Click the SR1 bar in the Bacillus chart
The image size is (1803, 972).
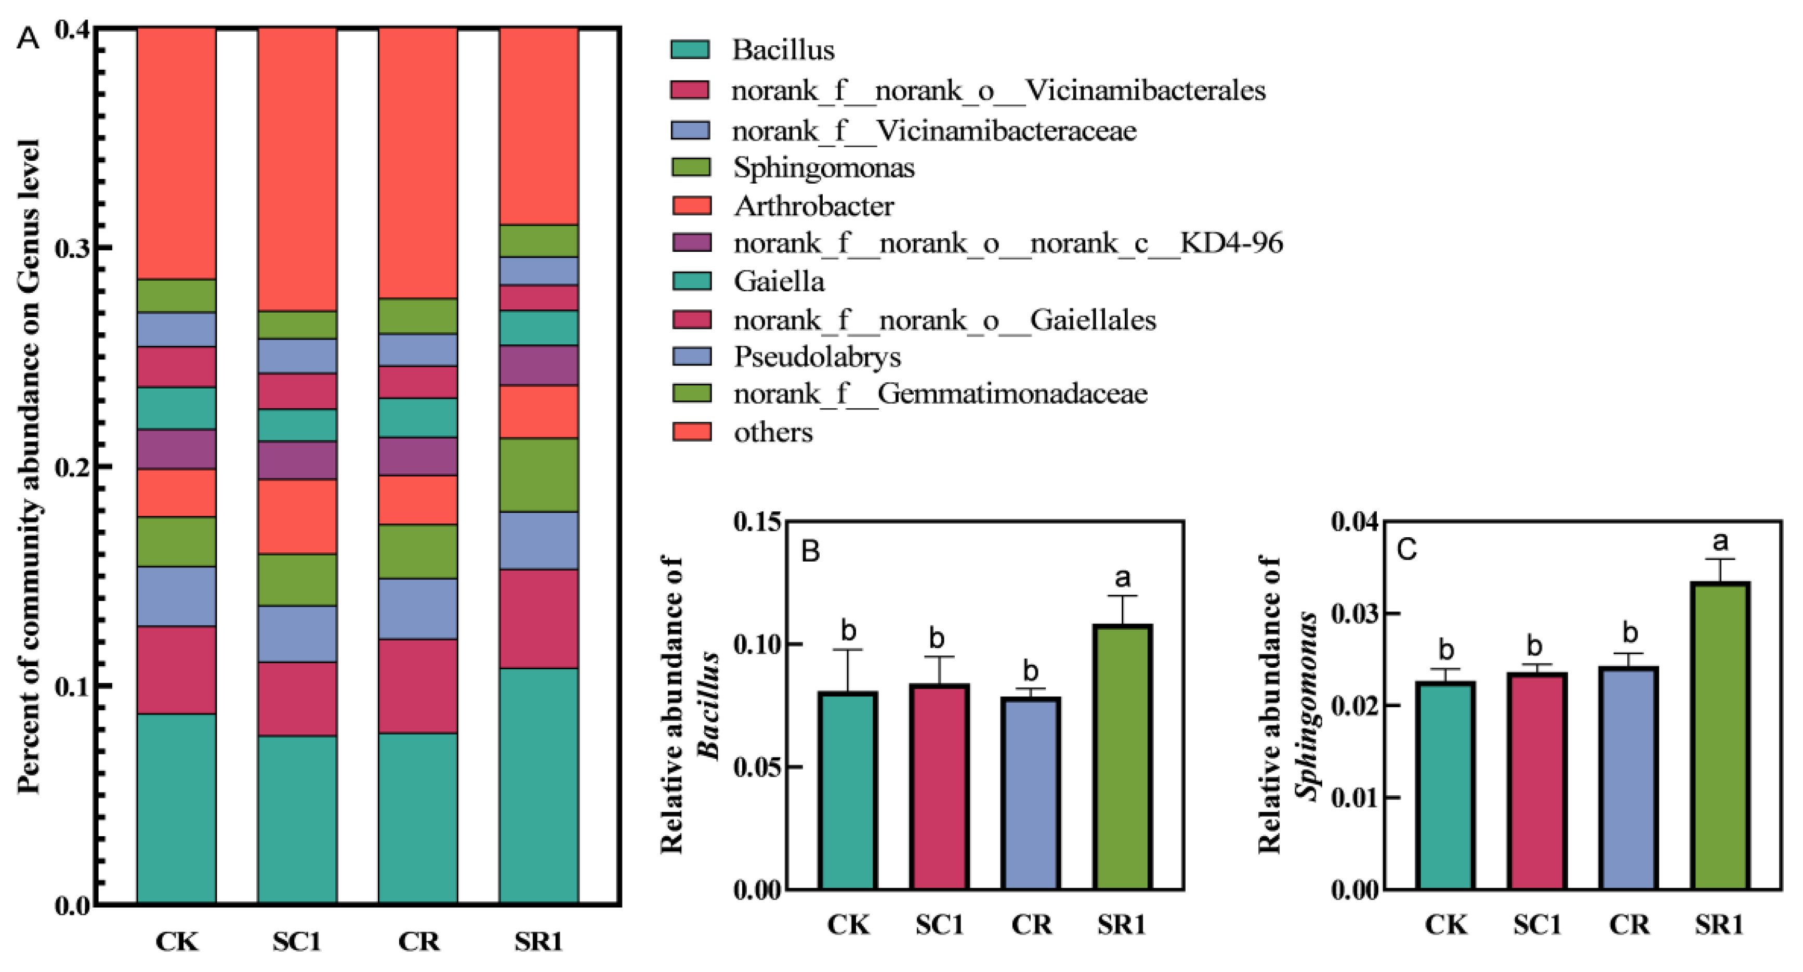point(1123,756)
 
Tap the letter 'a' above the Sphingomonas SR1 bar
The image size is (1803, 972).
point(1720,541)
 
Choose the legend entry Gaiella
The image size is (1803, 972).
point(778,281)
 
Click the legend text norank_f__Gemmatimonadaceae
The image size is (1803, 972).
point(940,394)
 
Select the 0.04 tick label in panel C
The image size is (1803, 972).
point(1354,523)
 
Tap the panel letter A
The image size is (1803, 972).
point(28,38)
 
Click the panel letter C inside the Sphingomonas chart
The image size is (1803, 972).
point(1407,550)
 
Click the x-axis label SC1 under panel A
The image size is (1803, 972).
point(297,941)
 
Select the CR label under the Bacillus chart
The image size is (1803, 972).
point(1031,925)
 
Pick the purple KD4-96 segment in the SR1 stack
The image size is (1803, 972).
point(539,366)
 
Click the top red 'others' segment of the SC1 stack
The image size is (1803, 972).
point(297,168)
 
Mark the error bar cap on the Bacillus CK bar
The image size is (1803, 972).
point(848,650)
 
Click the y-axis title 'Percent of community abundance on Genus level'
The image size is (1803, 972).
point(28,465)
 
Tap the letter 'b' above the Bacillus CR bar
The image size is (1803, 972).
point(1030,671)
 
